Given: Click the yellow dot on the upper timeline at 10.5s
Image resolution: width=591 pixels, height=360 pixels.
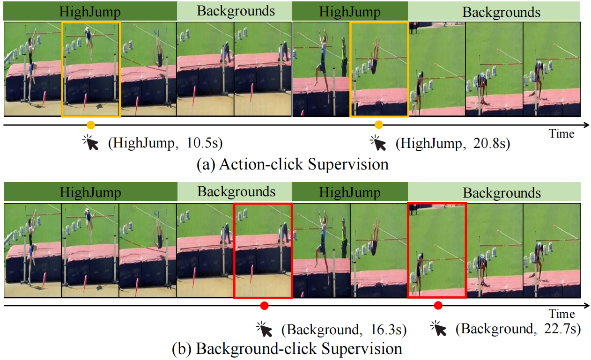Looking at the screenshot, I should pyautogui.click(x=91, y=125).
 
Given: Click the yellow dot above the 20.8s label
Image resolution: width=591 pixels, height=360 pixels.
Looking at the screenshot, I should pyautogui.click(x=379, y=125).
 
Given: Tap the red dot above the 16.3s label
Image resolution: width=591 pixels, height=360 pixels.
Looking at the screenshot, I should pyautogui.click(x=264, y=306).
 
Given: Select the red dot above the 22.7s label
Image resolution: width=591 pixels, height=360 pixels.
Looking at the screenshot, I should pyautogui.click(x=438, y=306).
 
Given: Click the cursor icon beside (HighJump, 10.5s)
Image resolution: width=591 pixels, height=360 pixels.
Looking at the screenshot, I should pyautogui.click(x=91, y=142).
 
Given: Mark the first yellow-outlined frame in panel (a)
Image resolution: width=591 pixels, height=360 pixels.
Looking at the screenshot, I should pyautogui.click(x=91, y=69).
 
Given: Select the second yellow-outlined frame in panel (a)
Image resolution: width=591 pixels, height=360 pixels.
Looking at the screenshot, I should pyautogui.click(x=379, y=69).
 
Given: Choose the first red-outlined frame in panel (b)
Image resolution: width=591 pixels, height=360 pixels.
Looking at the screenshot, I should pyautogui.click(x=263, y=250).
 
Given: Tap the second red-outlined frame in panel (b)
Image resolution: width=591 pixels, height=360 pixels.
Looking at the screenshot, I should pyautogui.click(x=437, y=250).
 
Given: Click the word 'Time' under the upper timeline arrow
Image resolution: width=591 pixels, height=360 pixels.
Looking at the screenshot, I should pyautogui.click(x=561, y=134).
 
